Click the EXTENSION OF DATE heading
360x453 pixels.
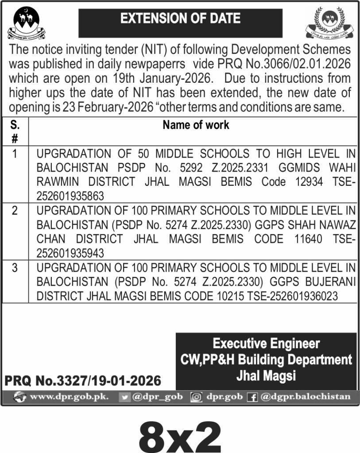[x=180, y=19]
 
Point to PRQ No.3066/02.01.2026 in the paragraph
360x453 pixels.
[x=284, y=63]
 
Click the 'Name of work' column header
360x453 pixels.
[x=196, y=125]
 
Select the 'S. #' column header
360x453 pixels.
[x=15, y=131]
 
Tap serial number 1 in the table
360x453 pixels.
[x=15, y=154]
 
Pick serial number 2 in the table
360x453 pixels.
[x=15, y=211]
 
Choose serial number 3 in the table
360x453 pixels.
[x=15, y=268]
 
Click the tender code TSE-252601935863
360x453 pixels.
[x=71, y=196]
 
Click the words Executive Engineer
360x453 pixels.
[x=266, y=343]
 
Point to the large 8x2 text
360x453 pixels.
[x=180, y=436]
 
